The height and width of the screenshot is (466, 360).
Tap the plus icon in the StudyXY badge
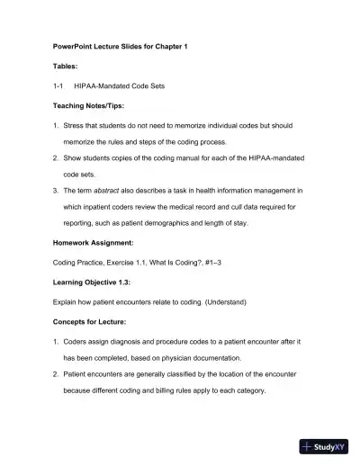pyautogui.click(x=309, y=446)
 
